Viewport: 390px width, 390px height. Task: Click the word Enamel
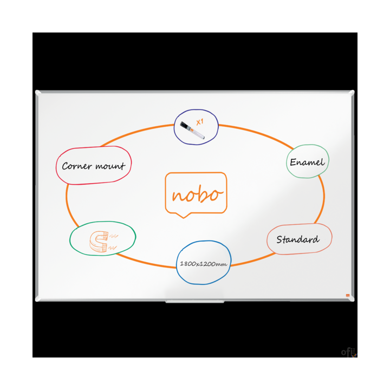pyautogui.click(x=307, y=162)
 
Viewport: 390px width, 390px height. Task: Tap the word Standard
pyautogui.click(x=297, y=239)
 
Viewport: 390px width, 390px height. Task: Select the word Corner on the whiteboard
pyautogui.click(x=76, y=166)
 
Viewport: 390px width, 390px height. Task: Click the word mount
pyautogui.click(x=110, y=166)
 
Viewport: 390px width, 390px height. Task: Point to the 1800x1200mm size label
pyautogui.click(x=203, y=264)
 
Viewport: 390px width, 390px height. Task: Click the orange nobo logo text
pyautogui.click(x=196, y=194)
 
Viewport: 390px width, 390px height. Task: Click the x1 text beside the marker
pyautogui.click(x=199, y=122)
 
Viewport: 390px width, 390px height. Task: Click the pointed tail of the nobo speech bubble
pyautogui.click(x=185, y=216)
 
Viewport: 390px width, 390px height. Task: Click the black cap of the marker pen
pyautogui.click(x=184, y=127)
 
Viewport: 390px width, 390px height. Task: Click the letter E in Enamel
pyautogui.click(x=293, y=162)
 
